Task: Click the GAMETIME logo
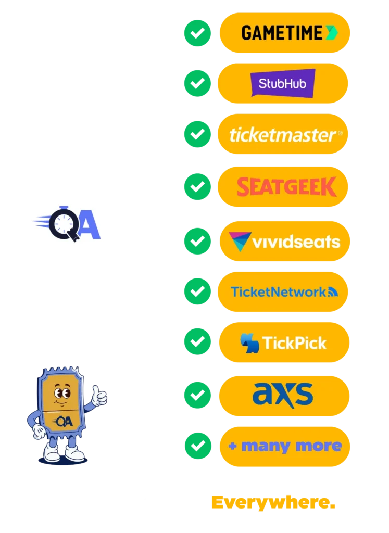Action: click(x=284, y=33)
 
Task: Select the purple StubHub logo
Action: click(x=283, y=83)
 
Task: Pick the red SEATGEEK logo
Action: click(x=286, y=187)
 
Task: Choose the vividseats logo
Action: click(x=284, y=242)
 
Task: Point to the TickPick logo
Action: click(x=283, y=342)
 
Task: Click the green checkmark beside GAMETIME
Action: click(x=197, y=33)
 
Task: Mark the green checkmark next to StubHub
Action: click(x=197, y=83)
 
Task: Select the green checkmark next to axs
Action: click(x=197, y=395)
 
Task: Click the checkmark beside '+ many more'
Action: click(x=197, y=446)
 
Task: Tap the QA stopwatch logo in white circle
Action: click(x=67, y=223)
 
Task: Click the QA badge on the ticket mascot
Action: click(x=64, y=421)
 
